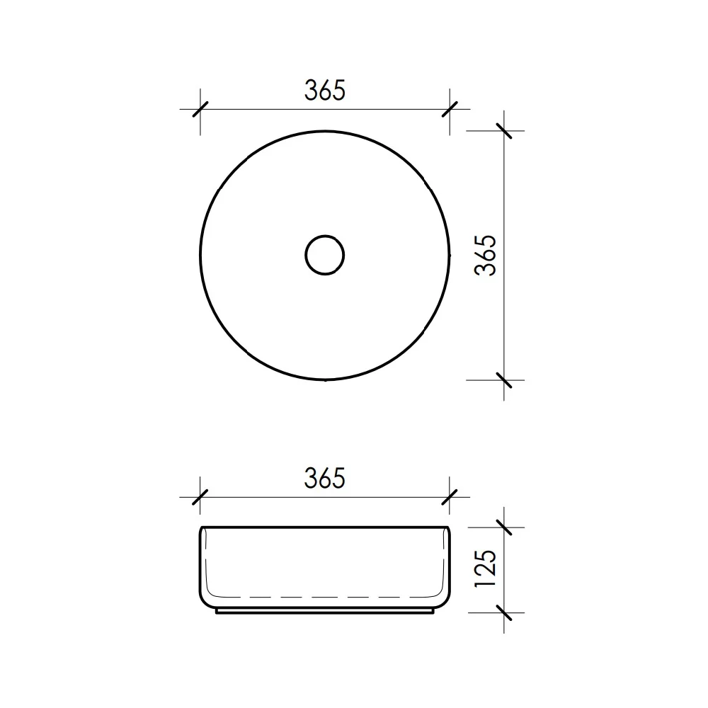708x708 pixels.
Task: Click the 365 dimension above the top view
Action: [x=325, y=90]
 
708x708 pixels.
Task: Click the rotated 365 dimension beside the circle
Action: [x=486, y=255]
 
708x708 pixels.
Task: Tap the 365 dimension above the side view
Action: [x=325, y=478]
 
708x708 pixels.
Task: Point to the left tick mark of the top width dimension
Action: [x=200, y=109]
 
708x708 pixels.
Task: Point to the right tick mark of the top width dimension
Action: [x=450, y=109]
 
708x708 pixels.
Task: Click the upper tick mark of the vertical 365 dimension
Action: [x=504, y=131]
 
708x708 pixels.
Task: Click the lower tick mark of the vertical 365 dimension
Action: [x=504, y=380]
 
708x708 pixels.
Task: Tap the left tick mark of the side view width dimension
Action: [x=200, y=497]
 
